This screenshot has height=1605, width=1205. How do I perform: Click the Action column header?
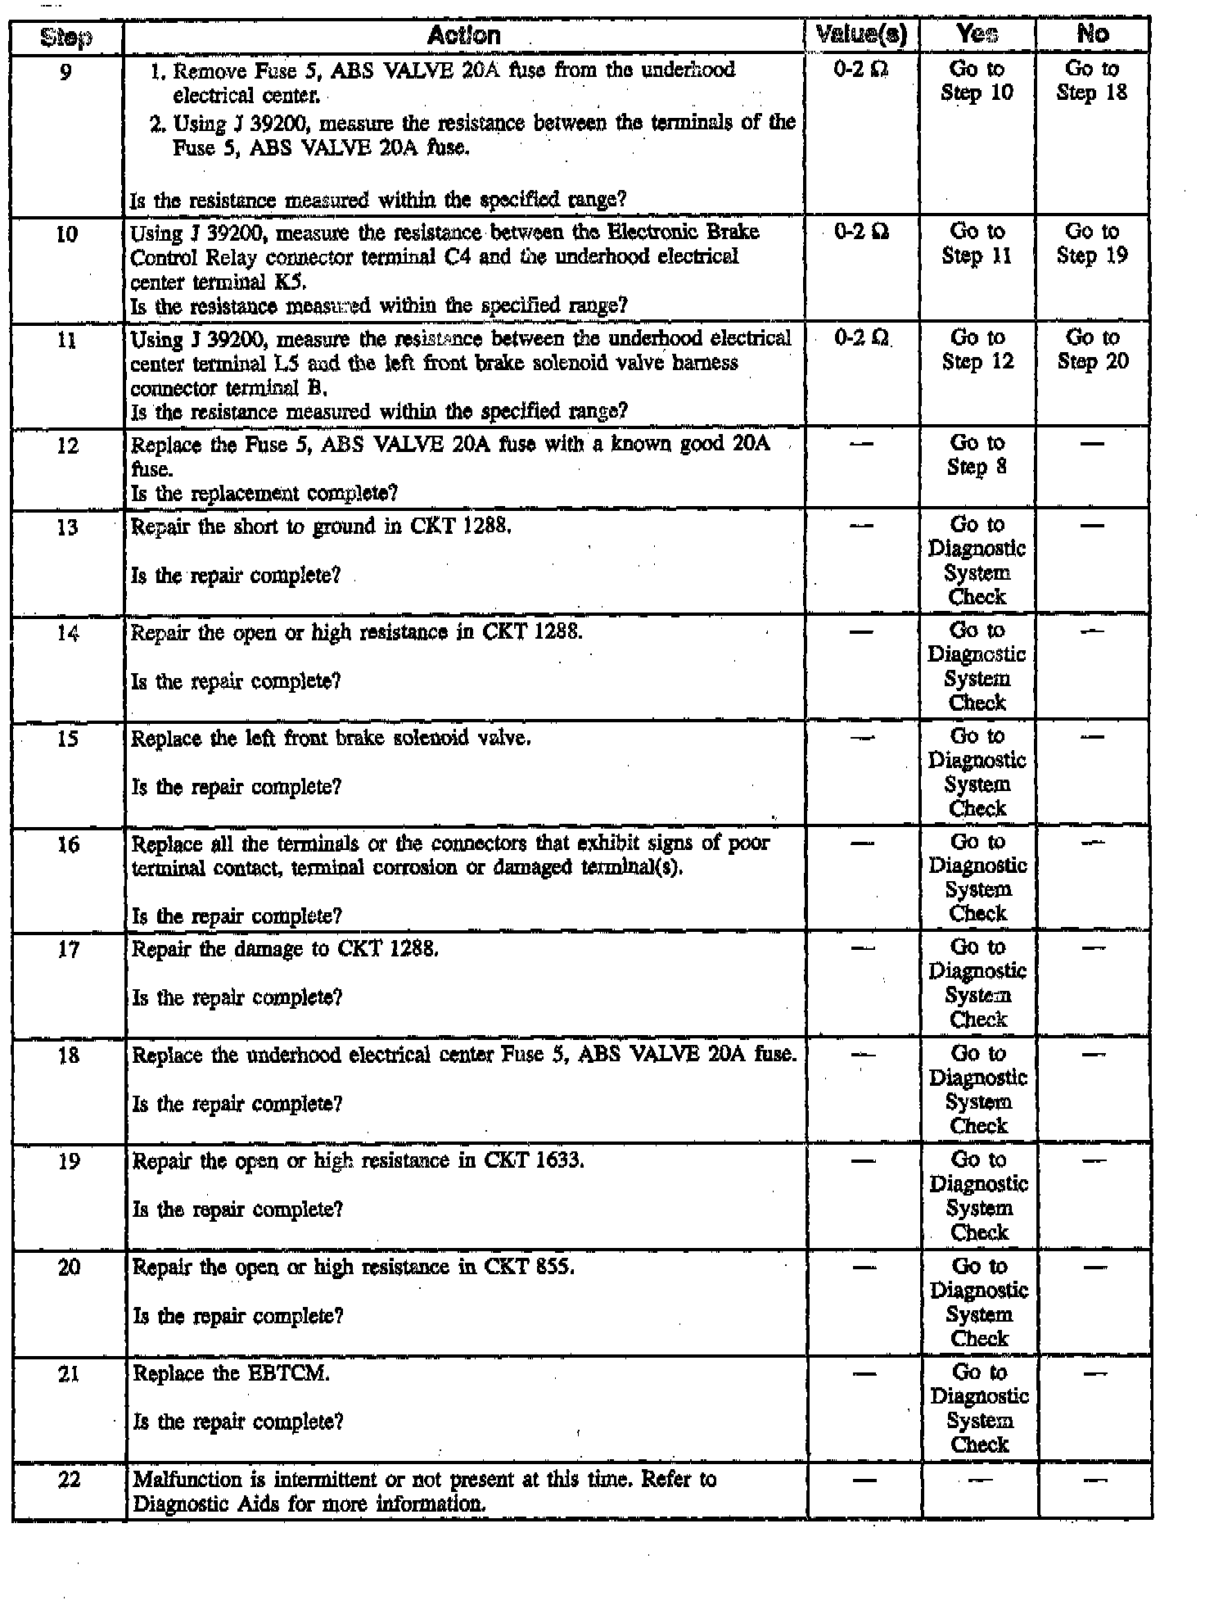pyautogui.click(x=463, y=35)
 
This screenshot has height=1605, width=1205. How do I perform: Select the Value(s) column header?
pyautogui.click(x=862, y=34)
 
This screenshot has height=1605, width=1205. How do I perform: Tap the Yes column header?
pyautogui.click(x=977, y=34)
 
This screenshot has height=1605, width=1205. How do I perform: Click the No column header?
pyautogui.click(x=1093, y=34)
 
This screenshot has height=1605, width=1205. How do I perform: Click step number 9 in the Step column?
pyautogui.click(x=66, y=72)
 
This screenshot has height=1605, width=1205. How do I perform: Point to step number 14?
pyautogui.click(x=68, y=633)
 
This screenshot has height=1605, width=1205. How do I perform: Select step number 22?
pyautogui.click(x=70, y=1480)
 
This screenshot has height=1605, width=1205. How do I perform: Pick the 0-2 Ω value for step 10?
pyautogui.click(x=862, y=233)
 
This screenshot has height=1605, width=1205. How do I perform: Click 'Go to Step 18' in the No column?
pyautogui.click(x=1092, y=80)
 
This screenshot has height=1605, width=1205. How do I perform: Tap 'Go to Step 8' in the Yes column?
pyautogui.click(x=977, y=454)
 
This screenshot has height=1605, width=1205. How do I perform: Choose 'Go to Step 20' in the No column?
pyautogui.click(x=1093, y=349)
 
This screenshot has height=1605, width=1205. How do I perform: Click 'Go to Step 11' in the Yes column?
pyautogui.click(x=977, y=244)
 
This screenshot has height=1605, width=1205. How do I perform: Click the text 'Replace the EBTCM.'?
pyautogui.click(x=231, y=1373)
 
